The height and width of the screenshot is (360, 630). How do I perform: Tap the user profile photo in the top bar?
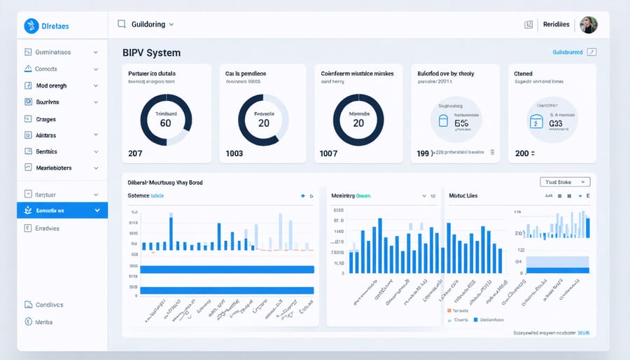pos(589,25)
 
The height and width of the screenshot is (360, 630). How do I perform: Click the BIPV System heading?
pos(152,53)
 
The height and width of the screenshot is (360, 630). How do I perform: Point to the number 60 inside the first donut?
pos(165,123)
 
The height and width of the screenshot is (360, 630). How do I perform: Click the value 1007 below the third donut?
pos(328,153)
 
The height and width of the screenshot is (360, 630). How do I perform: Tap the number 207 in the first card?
pos(135,153)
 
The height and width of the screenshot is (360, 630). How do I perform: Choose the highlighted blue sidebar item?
pos(62,210)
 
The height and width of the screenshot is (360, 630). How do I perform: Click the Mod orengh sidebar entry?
pos(52,85)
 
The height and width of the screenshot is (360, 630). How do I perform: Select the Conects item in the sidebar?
pos(46,69)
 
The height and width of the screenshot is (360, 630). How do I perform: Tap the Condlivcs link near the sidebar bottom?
pos(49,305)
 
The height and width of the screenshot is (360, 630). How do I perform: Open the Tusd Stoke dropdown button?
pos(566,182)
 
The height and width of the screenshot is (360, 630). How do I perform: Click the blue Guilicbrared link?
pos(568,53)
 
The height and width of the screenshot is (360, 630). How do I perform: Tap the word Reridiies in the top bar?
pos(559,25)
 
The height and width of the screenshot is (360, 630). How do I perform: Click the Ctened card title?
pos(523,74)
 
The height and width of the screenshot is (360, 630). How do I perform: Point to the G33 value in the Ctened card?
pos(556,123)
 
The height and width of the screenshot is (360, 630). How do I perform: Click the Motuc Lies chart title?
pos(463,197)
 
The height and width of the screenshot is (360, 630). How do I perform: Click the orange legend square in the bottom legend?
pos(449,310)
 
